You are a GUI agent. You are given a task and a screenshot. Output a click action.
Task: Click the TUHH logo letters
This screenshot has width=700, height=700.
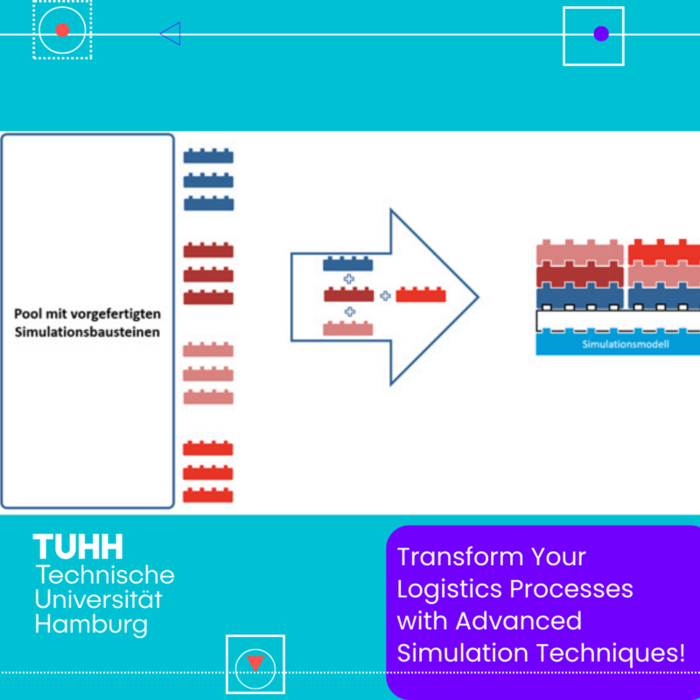[x=79, y=548]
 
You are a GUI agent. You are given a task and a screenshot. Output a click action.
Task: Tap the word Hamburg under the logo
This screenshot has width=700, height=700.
[x=91, y=625]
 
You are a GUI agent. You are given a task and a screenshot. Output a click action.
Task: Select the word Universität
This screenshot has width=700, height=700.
[x=99, y=600]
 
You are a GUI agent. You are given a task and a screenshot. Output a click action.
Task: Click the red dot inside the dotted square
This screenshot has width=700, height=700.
[x=62, y=30]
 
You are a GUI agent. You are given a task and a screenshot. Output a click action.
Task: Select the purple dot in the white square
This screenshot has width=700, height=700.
[x=601, y=34]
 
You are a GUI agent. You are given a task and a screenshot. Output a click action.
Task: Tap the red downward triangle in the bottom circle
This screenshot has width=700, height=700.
[x=255, y=662]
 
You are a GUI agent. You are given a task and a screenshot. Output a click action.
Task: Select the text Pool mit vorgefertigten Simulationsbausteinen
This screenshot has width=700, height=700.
[x=87, y=322]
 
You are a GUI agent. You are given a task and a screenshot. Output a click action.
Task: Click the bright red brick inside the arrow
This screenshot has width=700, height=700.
[x=421, y=295]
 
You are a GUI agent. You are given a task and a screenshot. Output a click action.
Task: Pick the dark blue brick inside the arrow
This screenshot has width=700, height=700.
[x=348, y=263]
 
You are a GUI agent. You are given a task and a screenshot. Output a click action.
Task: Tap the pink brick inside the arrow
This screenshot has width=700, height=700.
[x=348, y=328]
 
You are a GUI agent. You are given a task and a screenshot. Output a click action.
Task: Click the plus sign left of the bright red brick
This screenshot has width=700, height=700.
[x=385, y=296]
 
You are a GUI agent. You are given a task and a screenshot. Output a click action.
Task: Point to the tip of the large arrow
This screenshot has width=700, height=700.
[x=477, y=297]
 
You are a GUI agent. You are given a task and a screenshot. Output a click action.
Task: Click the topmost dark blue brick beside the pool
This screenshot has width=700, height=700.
[x=208, y=157]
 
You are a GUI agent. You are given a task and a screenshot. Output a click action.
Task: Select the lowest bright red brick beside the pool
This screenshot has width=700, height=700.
[x=208, y=494]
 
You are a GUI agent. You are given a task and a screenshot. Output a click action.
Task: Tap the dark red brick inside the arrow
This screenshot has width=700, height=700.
[x=348, y=295]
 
